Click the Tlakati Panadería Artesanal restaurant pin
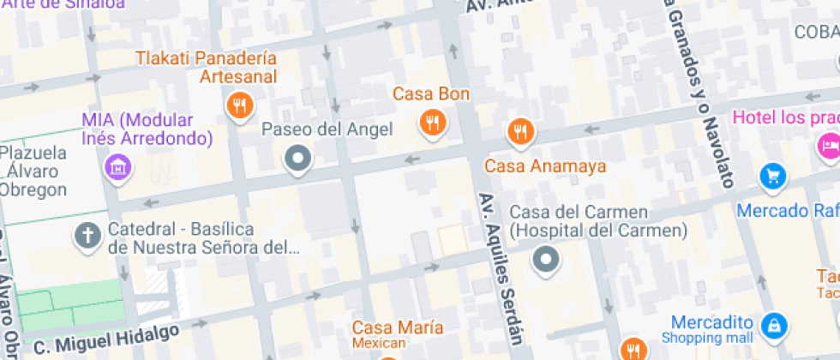[x=238, y=106]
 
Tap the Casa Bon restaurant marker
[x=433, y=123]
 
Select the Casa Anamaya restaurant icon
[x=520, y=132]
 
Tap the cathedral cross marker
[x=87, y=234]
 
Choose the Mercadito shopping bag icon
[x=773, y=325]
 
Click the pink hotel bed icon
[x=828, y=144]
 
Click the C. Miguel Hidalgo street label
[x=106, y=338]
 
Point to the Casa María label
[x=398, y=328]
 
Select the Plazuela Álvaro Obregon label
[x=33, y=171]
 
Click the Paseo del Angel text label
[x=327, y=129]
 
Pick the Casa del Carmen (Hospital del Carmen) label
[x=598, y=221]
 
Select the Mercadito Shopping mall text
[x=712, y=329]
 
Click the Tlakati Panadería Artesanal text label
[x=206, y=67]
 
